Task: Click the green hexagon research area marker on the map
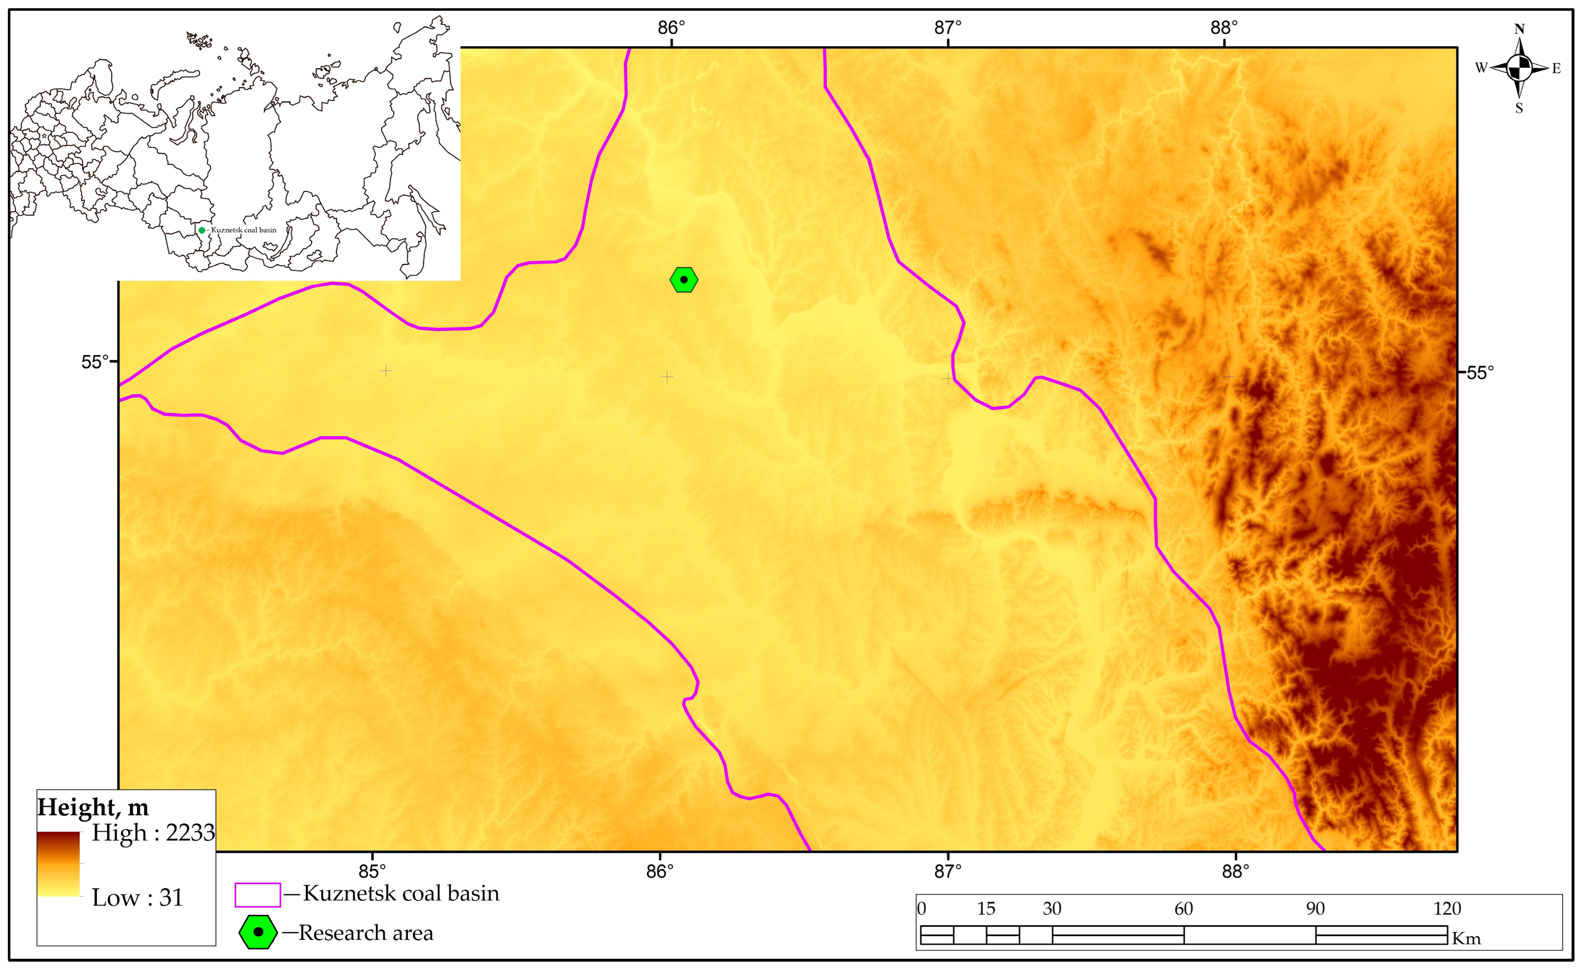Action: pyautogui.click(x=683, y=280)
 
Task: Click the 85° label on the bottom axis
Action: pyautogui.click(x=372, y=871)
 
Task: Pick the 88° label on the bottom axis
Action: pyautogui.click(x=1235, y=871)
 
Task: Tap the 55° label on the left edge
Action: pyautogui.click(x=95, y=362)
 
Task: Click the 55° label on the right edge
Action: pyautogui.click(x=1480, y=373)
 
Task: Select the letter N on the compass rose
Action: pyautogui.click(x=1519, y=29)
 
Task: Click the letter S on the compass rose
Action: pyautogui.click(x=1519, y=108)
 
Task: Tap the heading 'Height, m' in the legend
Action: pyautogui.click(x=93, y=807)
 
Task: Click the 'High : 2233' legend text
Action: pyautogui.click(x=153, y=832)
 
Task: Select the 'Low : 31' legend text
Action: pyautogui.click(x=138, y=897)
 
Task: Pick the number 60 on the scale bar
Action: pyautogui.click(x=1183, y=908)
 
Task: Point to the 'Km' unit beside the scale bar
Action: pyautogui.click(x=1466, y=939)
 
